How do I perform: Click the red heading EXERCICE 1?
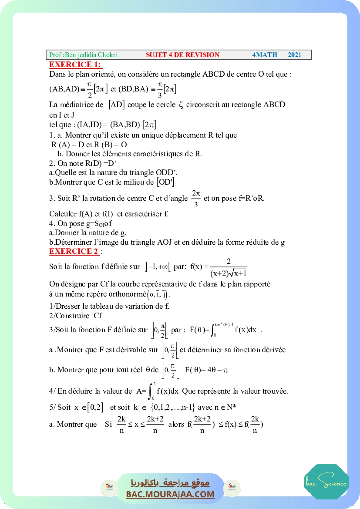(75, 65)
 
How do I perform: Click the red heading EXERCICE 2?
(74, 251)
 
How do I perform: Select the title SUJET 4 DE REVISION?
(183, 55)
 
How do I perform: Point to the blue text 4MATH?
(265, 55)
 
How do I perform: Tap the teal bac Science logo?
(326, 482)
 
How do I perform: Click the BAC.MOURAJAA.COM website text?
(170, 494)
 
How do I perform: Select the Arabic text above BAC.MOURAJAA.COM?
(170, 483)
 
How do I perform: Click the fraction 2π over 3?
(196, 198)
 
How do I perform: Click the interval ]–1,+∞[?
(158, 266)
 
